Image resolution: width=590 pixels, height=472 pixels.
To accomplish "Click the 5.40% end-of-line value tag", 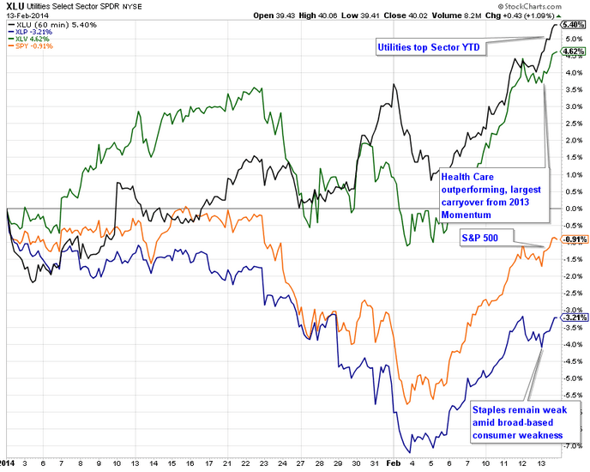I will [571, 25].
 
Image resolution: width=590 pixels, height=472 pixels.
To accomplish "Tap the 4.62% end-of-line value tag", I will [571, 51].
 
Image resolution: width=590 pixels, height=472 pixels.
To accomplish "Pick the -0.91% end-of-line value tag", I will [571, 239].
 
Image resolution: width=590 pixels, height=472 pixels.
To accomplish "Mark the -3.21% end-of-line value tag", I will [571, 318].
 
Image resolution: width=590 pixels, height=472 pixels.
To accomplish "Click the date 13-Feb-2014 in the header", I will [23, 15].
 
